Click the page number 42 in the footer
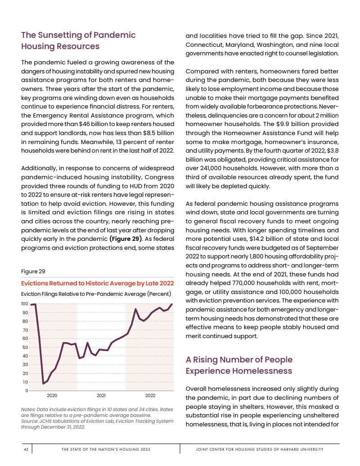click(x=26, y=449)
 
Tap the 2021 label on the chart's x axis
click(x=101, y=395)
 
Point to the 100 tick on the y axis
click(x=25, y=304)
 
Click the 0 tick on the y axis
click(x=27, y=390)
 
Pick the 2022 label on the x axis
click(x=150, y=395)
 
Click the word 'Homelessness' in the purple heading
click(x=262, y=371)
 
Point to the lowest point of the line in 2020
click(x=43, y=384)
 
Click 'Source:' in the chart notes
click(x=30, y=421)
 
